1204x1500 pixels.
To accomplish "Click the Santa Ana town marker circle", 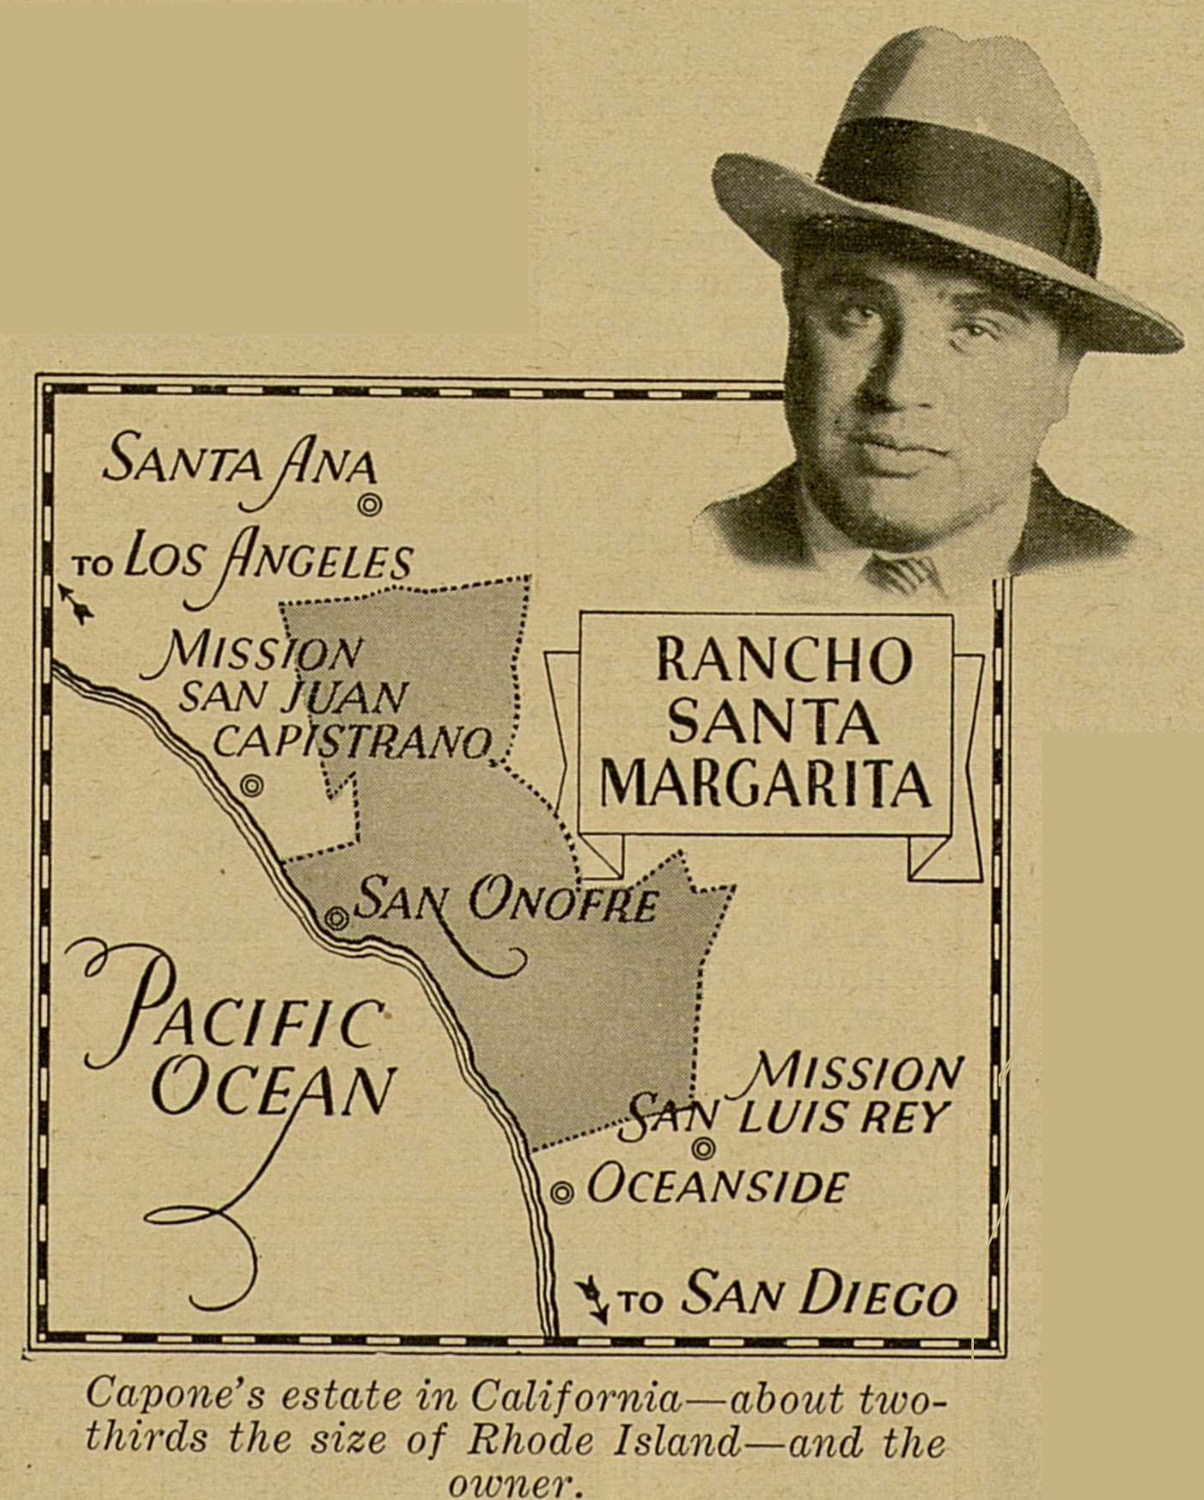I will coord(369,505).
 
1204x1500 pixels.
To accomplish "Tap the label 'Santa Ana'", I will coord(239,464).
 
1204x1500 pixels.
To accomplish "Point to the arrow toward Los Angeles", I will coord(78,603).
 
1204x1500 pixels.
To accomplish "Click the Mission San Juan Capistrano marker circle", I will coord(251,786).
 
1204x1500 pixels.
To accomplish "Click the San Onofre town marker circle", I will coord(337,918).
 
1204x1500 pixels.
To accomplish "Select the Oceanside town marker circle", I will coord(561,1193).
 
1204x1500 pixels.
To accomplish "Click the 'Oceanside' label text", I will coord(717,1186).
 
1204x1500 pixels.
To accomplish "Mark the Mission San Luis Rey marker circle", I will coord(703,1150).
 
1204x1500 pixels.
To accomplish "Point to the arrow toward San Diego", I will coord(593,1299).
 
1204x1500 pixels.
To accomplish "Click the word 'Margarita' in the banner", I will coord(764,784).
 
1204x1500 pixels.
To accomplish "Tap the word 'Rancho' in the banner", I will coord(783,661).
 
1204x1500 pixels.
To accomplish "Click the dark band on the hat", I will coord(954,183).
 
